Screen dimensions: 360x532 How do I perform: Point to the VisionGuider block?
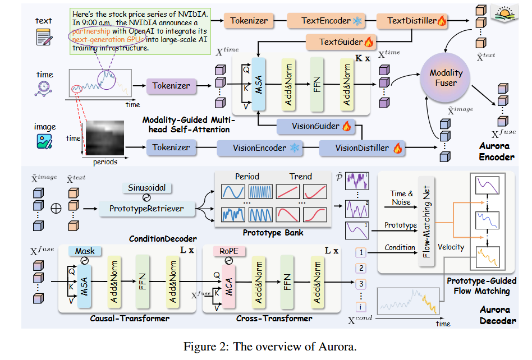(315, 127)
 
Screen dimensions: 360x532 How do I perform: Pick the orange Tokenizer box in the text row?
(249, 21)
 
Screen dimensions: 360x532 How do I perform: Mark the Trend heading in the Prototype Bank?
(300, 176)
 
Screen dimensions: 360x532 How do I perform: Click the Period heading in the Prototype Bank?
(247, 176)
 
